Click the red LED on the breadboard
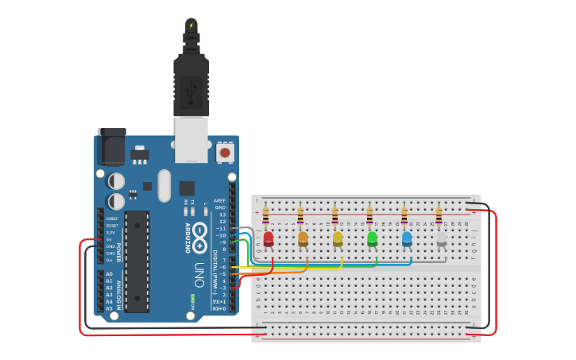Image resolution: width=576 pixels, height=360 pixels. pos(269,238)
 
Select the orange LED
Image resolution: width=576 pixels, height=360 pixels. pos(303,238)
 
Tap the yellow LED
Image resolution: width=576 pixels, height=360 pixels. pos(338,238)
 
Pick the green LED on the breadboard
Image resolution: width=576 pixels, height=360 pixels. pos(372,238)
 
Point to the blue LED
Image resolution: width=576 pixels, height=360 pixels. pos(407,238)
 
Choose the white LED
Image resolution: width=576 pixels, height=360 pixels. pos(442,238)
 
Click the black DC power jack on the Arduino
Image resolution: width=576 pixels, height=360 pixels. pos(111,147)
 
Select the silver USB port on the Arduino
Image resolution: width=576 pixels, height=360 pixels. pos(191,139)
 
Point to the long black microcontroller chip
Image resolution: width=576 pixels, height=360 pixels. pos(137,261)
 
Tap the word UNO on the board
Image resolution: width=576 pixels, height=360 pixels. pos(199,274)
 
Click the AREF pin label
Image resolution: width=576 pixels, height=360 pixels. pos(220,200)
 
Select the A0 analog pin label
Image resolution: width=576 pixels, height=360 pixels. pos(109,273)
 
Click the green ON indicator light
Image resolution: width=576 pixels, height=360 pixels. pos(192,299)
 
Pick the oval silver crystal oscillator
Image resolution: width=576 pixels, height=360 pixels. pos(164,185)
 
